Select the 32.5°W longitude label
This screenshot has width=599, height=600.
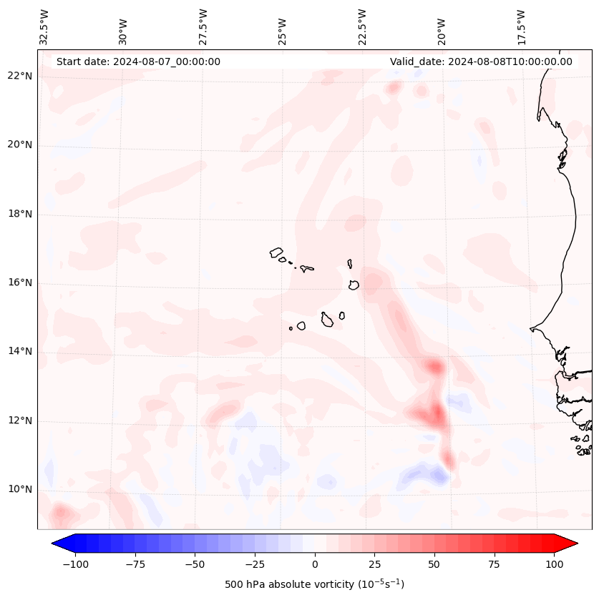[44, 27]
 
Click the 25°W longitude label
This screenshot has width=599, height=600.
[283, 27]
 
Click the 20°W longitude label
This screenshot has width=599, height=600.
[442, 27]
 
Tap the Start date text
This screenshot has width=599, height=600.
[138, 62]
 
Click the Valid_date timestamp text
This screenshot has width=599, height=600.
[481, 62]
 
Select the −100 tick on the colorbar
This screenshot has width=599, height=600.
[75, 564]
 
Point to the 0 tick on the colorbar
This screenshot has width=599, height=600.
[315, 564]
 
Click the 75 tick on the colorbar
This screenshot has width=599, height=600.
[495, 564]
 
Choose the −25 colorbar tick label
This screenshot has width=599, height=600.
[255, 564]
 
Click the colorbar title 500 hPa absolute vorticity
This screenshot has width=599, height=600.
[315, 584]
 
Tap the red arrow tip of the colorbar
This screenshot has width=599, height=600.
[573, 544]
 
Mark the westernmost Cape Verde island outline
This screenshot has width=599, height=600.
[276, 252]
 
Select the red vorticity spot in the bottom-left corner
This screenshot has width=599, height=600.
[60, 512]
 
